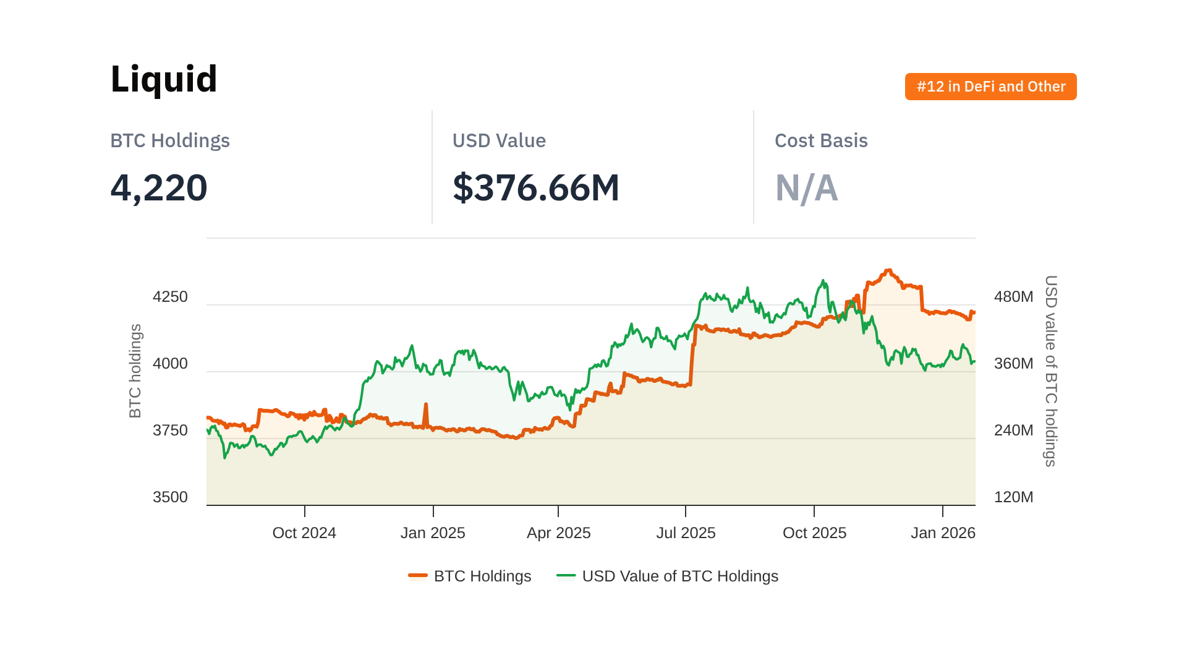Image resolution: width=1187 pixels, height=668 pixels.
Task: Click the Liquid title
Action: (164, 79)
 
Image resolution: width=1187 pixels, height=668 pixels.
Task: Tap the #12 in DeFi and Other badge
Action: (990, 87)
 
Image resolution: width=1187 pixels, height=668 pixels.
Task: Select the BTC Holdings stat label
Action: (170, 141)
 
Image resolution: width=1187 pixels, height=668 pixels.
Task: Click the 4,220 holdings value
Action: (159, 187)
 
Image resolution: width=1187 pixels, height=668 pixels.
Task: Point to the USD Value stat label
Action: (499, 141)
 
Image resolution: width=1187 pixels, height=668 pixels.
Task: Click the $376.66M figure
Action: (536, 187)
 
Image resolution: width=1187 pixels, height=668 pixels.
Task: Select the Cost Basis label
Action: (821, 141)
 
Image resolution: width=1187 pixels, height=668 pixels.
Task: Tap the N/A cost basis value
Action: (806, 188)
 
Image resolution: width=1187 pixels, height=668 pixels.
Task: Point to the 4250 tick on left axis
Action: (170, 297)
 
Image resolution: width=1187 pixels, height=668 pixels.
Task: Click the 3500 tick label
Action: (170, 497)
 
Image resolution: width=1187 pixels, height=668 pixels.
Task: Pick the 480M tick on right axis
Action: (1013, 297)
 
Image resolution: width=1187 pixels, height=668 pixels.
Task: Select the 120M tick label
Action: (1013, 497)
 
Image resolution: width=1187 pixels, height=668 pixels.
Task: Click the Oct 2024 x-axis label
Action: (304, 533)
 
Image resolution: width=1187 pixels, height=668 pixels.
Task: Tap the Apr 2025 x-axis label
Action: (558, 533)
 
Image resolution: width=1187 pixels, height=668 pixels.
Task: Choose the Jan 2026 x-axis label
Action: (943, 533)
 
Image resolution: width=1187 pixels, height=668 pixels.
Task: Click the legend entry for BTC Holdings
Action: (470, 576)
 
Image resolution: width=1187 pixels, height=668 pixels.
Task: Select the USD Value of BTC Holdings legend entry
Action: (668, 576)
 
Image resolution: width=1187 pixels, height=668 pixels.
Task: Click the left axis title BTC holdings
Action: (135, 371)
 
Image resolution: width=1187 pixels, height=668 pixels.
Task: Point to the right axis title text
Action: (1050, 371)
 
